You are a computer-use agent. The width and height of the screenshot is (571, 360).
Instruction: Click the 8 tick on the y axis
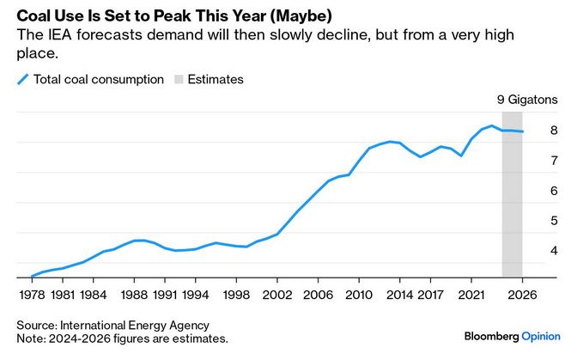[555, 131]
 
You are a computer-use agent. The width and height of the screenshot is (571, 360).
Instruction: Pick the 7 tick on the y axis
[555, 161]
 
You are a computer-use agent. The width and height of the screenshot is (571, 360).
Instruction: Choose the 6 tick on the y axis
[555, 191]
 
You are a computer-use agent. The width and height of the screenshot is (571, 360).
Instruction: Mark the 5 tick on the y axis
[555, 221]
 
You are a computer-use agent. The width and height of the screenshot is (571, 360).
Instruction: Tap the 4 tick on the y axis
[555, 251]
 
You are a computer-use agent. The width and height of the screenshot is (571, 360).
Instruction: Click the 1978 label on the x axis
[32, 294]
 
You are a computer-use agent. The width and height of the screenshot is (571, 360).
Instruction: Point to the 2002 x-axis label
[277, 294]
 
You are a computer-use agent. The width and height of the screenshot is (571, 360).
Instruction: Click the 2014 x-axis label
[399, 294]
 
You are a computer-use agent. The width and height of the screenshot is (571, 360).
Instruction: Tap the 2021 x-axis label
[471, 294]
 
